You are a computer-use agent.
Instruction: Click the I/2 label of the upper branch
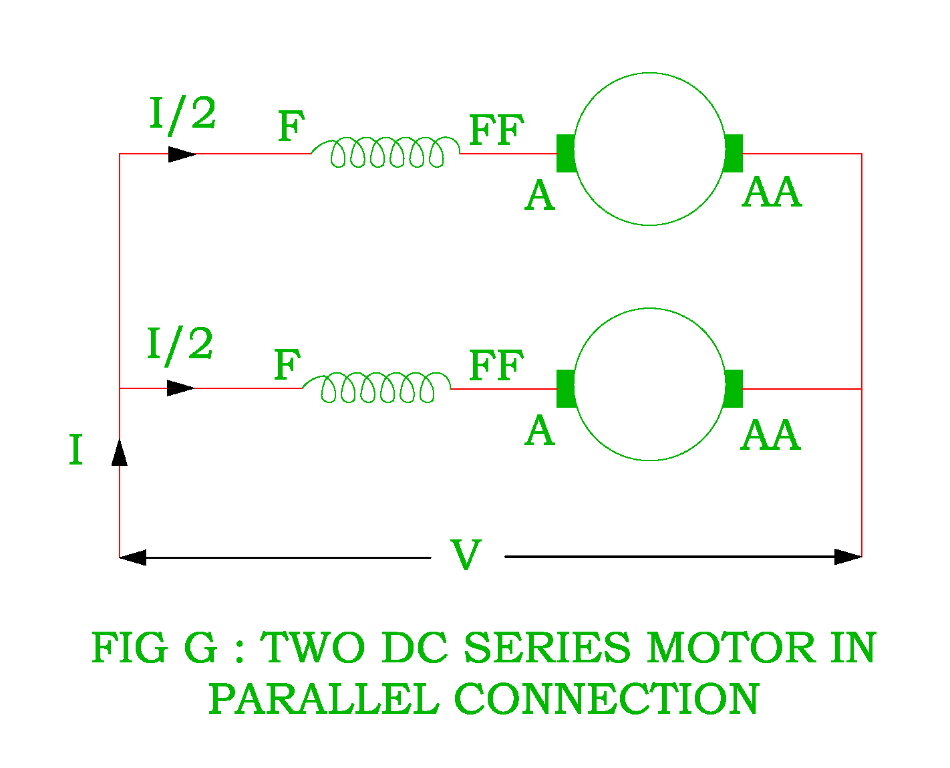[x=182, y=114]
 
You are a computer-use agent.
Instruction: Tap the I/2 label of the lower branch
[x=180, y=345]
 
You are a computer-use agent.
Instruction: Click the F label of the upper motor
[x=291, y=127]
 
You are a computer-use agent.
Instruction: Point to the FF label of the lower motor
[x=496, y=366]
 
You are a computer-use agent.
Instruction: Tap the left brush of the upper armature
[x=566, y=153]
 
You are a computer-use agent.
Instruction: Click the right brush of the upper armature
[x=734, y=153]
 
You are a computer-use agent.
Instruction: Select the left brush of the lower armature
[x=566, y=388]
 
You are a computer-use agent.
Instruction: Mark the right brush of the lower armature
[x=734, y=388]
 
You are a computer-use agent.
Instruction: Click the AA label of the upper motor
[x=772, y=193]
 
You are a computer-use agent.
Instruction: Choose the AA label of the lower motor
[x=770, y=436]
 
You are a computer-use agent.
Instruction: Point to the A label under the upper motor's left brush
[x=540, y=197]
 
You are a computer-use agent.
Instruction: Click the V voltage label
[x=466, y=555]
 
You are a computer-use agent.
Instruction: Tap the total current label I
[x=75, y=450]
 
